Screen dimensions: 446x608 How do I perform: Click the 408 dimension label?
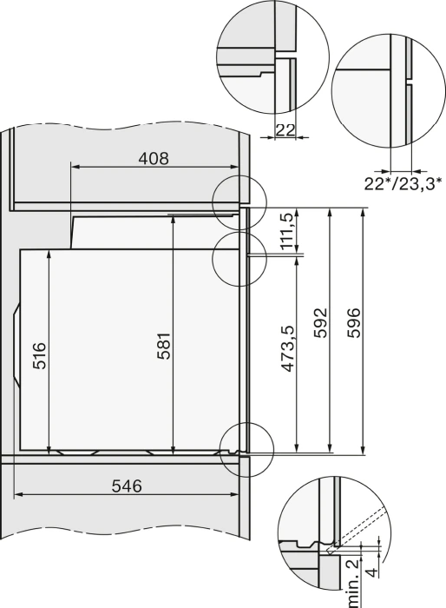(x=154, y=159)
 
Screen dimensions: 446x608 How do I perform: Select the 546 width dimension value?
(x=127, y=486)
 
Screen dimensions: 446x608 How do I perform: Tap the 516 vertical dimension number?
(x=39, y=355)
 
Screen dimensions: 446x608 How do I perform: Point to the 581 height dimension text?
(x=164, y=346)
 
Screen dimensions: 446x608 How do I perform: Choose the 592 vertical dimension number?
(x=321, y=322)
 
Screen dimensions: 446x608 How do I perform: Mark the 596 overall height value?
(x=353, y=322)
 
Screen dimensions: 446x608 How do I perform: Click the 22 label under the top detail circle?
(x=285, y=130)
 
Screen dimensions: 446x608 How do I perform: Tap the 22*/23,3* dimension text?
(x=403, y=183)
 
